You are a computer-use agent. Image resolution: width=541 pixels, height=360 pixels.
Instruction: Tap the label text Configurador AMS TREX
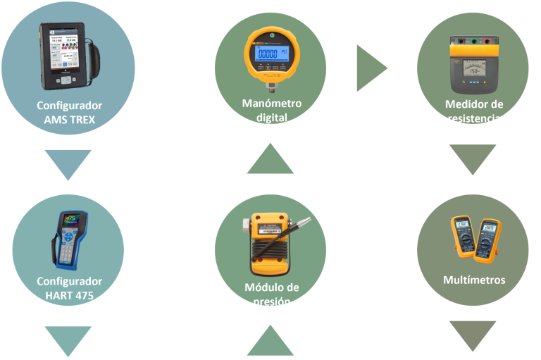pyautogui.click(x=70, y=112)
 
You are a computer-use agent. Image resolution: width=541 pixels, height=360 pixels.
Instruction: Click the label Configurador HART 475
pyautogui.click(x=70, y=287)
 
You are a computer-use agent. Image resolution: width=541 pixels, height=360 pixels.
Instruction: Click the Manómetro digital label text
pyautogui.click(x=271, y=110)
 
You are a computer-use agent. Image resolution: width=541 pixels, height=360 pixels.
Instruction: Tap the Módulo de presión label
pyautogui.click(x=271, y=294)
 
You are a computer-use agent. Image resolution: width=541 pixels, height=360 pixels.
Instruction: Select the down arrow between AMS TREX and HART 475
pyautogui.click(x=68, y=163)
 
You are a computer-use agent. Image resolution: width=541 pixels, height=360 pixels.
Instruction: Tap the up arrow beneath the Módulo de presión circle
pyautogui.click(x=270, y=342)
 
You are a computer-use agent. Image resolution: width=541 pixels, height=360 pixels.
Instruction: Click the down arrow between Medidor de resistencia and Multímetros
pyautogui.click(x=473, y=158)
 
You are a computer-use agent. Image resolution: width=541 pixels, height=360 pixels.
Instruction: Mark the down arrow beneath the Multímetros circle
pyautogui.click(x=473, y=335)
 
